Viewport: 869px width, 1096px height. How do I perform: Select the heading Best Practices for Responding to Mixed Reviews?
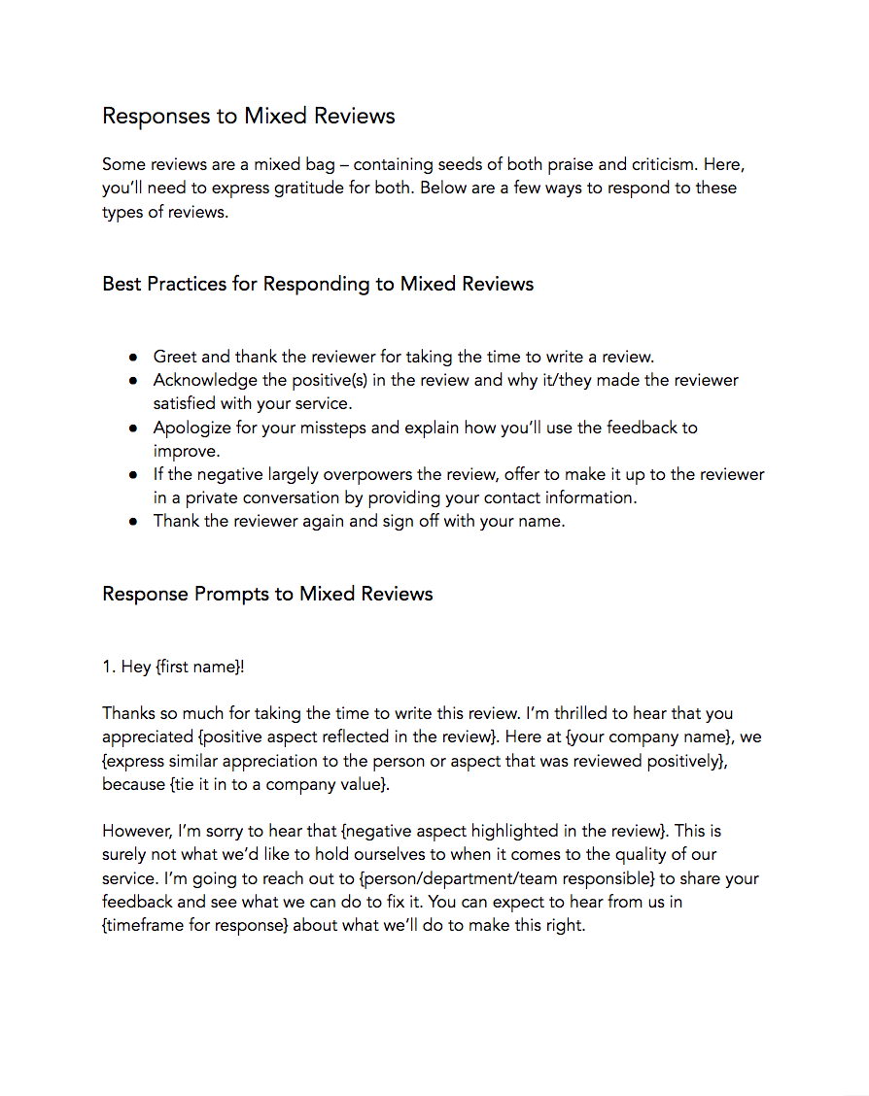click(x=318, y=285)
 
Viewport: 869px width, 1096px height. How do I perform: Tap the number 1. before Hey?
click(x=109, y=667)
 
